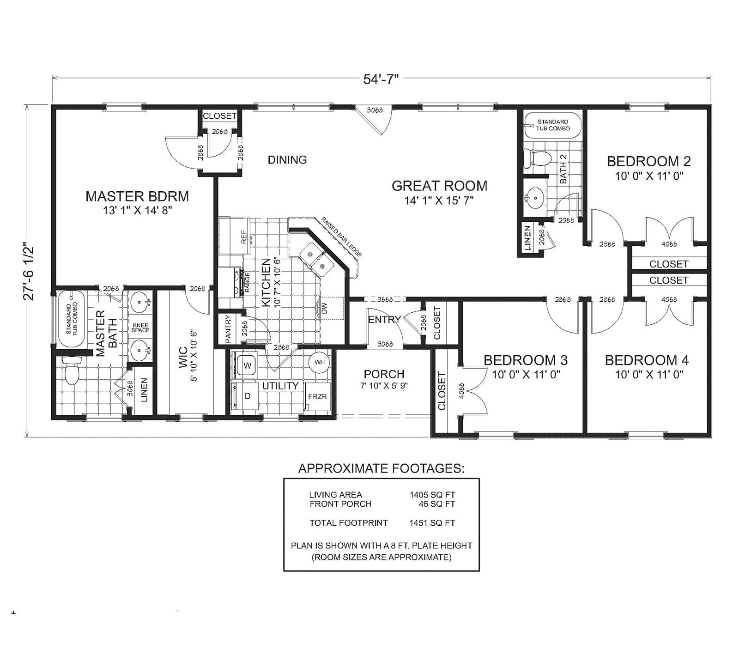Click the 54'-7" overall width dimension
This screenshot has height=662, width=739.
(x=381, y=79)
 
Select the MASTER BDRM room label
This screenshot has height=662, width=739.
(x=137, y=196)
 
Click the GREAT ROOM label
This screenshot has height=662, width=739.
(x=439, y=186)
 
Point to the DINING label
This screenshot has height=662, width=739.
(x=287, y=160)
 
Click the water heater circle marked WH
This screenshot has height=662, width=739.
(x=319, y=362)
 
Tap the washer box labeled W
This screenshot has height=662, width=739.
(x=247, y=365)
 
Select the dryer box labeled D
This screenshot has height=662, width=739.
(x=248, y=396)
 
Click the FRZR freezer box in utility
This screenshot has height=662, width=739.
(x=317, y=397)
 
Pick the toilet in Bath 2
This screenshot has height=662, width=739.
(x=541, y=159)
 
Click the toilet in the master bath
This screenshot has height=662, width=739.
(x=72, y=372)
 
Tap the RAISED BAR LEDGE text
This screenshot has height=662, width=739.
(x=342, y=237)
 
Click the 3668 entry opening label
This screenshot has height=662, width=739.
(x=385, y=299)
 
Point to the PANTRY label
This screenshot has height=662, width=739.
(x=228, y=328)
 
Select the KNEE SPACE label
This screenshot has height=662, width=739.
(x=140, y=327)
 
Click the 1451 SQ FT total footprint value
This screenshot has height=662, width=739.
(x=432, y=523)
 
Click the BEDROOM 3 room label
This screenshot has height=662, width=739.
(x=526, y=360)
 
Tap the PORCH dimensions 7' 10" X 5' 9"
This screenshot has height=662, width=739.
(x=384, y=386)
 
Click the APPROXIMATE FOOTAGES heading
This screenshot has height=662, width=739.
(x=381, y=468)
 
